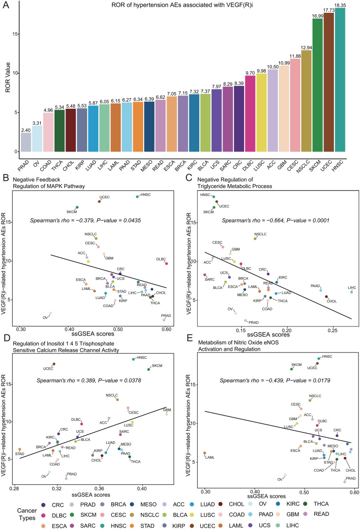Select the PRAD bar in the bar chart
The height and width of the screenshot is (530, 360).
26,142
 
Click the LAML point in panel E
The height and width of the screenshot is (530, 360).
205,453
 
